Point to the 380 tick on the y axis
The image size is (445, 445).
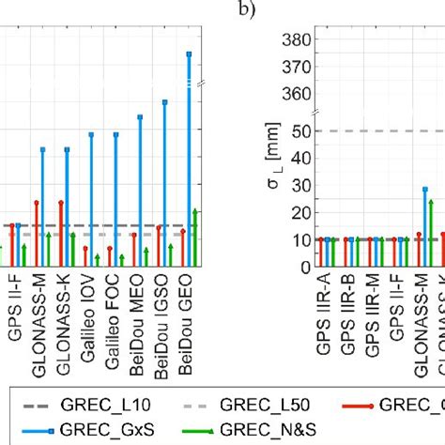pyautogui.click(x=299, y=39)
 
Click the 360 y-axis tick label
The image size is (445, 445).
pyautogui.click(x=299, y=94)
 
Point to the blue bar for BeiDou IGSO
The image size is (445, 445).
pyautogui.click(x=165, y=178)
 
